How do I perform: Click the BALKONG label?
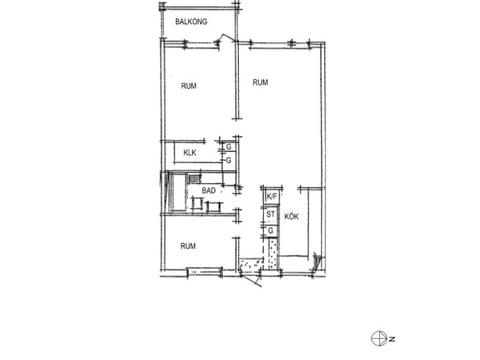coord(191,22)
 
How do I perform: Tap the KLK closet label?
coord(190,152)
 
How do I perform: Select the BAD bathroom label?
coord(209,191)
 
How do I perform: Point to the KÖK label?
coord(291,217)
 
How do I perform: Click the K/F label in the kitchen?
coord(272,196)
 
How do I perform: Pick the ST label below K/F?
coord(271,214)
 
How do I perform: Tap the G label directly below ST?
coord(271,231)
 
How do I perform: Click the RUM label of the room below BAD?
coord(188,246)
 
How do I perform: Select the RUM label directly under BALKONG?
coord(189,86)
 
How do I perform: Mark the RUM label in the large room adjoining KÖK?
coord(260,82)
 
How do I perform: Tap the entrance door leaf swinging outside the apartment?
coord(252,281)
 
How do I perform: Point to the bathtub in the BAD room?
coord(178,192)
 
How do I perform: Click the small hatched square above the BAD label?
coord(194,179)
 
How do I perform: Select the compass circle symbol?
coord(379,338)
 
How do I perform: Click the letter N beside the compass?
coord(392,339)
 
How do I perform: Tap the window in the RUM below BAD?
coord(204,271)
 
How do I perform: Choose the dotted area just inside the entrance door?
coord(251,265)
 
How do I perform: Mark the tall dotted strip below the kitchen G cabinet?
coord(273,254)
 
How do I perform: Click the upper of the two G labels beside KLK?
coord(229,147)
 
